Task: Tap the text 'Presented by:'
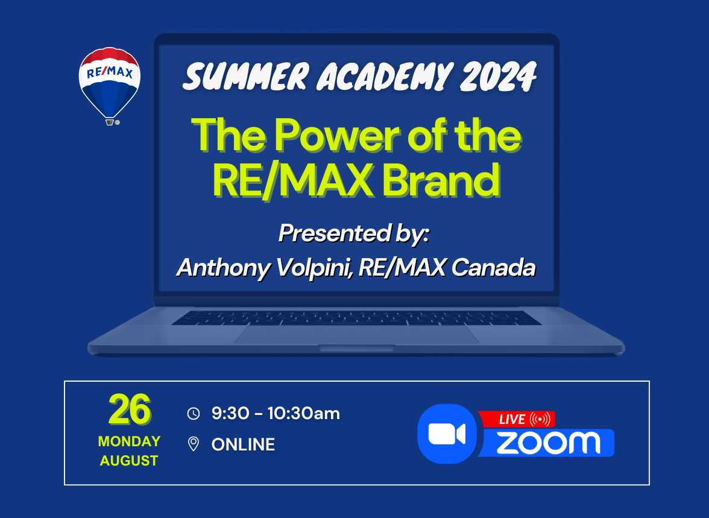[x=353, y=233]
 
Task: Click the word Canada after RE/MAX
[x=493, y=267]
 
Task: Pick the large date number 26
[x=129, y=409]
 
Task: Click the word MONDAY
[x=129, y=441]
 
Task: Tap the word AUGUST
[x=129, y=461]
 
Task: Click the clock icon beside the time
[x=194, y=414]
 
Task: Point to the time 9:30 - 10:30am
[x=276, y=413]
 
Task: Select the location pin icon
[x=194, y=444]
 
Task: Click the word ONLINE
[x=244, y=444]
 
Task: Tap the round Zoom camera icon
[x=447, y=434]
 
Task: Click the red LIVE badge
[x=516, y=419]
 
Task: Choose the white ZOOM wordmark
[x=549, y=443]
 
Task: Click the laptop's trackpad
[x=356, y=335]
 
